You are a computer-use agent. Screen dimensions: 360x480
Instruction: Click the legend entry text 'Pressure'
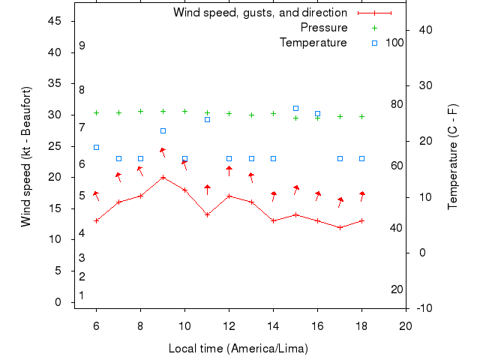pyautogui.click(x=323, y=28)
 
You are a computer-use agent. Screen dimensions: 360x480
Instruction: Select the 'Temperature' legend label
pyautogui.click(x=313, y=43)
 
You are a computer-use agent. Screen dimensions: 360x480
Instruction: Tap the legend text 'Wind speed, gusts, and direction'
pyautogui.click(x=259, y=13)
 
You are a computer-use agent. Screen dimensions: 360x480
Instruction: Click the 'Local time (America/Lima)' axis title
pyautogui.click(x=238, y=348)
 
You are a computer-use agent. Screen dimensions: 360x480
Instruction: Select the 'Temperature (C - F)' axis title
pyautogui.click(x=452, y=157)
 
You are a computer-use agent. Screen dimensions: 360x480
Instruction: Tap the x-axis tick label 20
pyautogui.click(x=406, y=325)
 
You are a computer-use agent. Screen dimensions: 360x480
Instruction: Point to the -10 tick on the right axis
pyautogui.click(x=424, y=308)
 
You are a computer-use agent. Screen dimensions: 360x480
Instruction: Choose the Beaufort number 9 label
pyautogui.click(x=82, y=46)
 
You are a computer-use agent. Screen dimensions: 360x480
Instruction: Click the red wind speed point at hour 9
pyautogui.click(x=163, y=177)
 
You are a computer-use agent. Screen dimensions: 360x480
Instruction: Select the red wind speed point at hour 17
pyautogui.click(x=340, y=226)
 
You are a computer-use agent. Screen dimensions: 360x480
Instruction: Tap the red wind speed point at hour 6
pyautogui.click(x=96, y=220)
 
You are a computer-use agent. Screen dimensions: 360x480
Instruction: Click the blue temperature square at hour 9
pyautogui.click(x=163, y=130)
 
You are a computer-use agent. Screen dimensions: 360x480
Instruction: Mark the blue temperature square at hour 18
pyautogui.click(x=361, y=158)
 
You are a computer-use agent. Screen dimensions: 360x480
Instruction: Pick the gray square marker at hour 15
pyautogui.click(x=295, y=108)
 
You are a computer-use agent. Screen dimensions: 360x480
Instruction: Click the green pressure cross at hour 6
pyautogui.click(x=96, y=112)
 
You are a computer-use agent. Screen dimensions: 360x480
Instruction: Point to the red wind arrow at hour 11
pyautogui.click(x=207, y=190)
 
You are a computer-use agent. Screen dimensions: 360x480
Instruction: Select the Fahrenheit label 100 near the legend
pyautogui.click(x=394, y=43)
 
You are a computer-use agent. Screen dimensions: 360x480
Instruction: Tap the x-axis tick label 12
pyautogui.click(x=229, y=325)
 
